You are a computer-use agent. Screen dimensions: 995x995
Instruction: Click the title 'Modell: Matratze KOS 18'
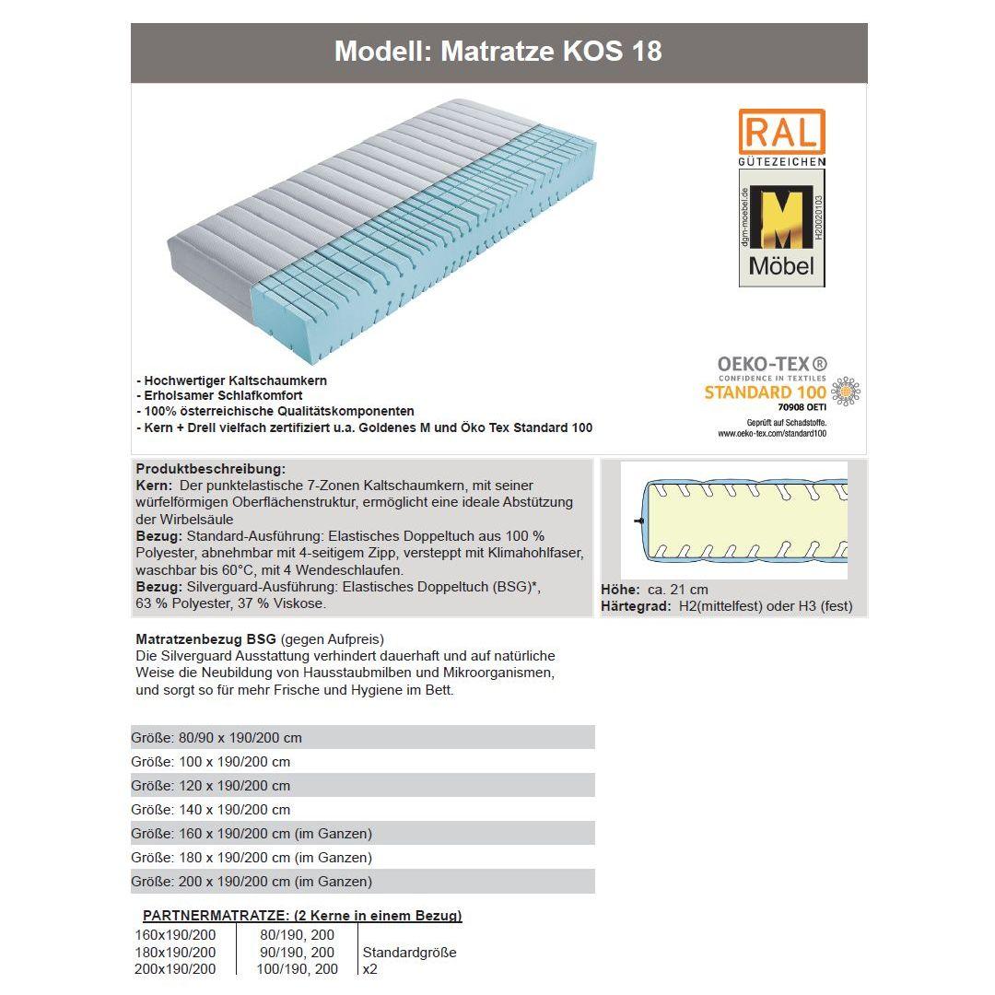pyautogui.click(x=497, y=51)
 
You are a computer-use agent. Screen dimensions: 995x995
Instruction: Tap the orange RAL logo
pyautogui.click(x=781, y=132)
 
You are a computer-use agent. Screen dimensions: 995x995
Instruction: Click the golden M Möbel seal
pyautogui.click(x=781, y=234)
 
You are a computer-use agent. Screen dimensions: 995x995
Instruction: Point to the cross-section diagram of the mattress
pyautogui.click(x=733, y=520)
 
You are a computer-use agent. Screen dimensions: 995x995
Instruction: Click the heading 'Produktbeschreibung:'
pyautogui.click(x=211, y=469)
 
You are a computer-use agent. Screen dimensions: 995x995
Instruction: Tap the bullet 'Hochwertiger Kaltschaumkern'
pyautogui.click(x=232, y=380)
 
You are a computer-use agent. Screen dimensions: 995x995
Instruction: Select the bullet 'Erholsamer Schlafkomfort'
pyautogui.click(x=220, y=396)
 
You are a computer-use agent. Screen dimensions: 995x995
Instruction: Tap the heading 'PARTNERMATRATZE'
pyautogui.click(x=302, y=916)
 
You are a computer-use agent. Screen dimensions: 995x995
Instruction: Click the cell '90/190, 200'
pyautogui.click(x=298, y=953)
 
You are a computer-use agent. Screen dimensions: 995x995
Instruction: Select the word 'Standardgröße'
pyautogui.click(x=410, y=953)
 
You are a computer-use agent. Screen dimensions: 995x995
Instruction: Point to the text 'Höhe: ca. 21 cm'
pyautogui.click(x=654, y=590)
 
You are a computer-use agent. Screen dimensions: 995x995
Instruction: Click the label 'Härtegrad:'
pyautogui.click(x=636, y=606)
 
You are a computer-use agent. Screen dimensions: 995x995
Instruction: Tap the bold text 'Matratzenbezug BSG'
pyautogui.click(x=206, y=638)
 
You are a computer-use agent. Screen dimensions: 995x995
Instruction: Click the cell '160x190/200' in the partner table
pyautogui.click(x=176, y=935)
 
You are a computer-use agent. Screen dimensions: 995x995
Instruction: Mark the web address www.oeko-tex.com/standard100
pyautogui.click(x=772, y=433)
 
